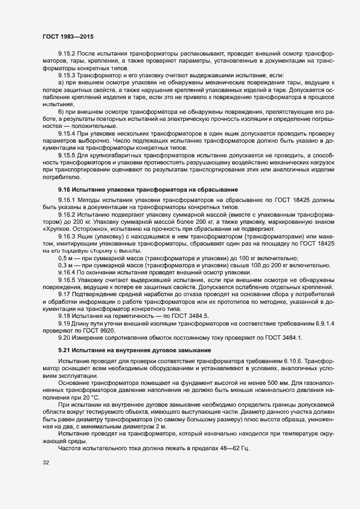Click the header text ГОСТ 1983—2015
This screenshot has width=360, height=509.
tap(68, 36)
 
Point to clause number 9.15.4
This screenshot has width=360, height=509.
tap(68, 132)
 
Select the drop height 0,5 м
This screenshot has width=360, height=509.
tap(66, 257)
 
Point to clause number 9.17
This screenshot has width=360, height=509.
tap(65, 293)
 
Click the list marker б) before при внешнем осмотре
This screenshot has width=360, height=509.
tap(61, 111)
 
